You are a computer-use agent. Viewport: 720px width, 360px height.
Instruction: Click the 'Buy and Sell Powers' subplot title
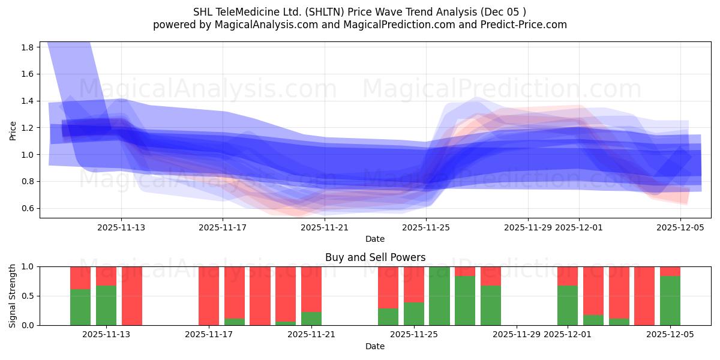(x=375, y=257)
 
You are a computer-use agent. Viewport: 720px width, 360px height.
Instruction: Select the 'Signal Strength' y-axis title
(x=13, y=296)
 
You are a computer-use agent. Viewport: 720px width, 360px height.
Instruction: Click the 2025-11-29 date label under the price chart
(x=528, y=227)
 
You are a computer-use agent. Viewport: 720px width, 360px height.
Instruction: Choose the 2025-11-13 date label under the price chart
(x=121, y=227)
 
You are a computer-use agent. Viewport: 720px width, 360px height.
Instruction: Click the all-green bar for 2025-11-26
(x=439, y=296)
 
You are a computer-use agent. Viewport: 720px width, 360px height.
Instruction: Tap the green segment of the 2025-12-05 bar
(x=670, y=300)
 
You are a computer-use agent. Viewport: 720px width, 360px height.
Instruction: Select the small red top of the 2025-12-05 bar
(x=670, y=271)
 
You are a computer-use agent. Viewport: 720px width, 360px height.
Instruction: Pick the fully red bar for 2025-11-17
(x=209, y=296)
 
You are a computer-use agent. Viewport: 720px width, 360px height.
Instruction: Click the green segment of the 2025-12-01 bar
(x=568, y=305)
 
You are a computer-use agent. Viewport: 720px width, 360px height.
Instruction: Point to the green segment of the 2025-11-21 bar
(x=311, y=319)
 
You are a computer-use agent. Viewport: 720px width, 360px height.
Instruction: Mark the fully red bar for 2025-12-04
(x=644, y=296)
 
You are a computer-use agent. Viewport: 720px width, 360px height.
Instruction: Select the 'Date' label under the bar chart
(x=375, y=346)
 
